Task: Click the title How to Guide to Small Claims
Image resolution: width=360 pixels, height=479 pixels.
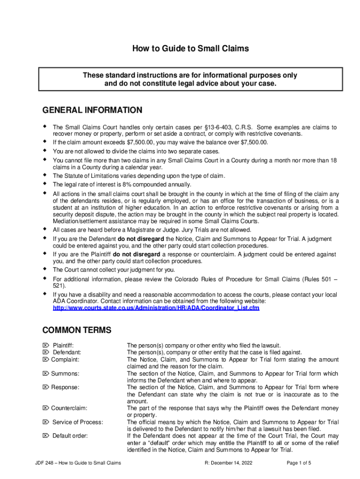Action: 190,48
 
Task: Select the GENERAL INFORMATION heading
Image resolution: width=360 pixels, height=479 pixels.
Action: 92,110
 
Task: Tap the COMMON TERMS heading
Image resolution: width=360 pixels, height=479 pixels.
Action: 77,330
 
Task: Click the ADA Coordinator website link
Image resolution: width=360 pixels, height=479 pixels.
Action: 156,308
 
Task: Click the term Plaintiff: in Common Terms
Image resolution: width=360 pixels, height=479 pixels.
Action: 63,345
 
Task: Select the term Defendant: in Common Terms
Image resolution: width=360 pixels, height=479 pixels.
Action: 66,352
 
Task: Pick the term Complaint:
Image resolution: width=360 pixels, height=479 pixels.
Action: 65,359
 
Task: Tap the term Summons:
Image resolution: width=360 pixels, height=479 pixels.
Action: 65,373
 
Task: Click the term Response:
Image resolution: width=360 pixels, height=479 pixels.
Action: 65,387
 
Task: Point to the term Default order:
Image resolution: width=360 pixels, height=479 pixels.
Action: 70,436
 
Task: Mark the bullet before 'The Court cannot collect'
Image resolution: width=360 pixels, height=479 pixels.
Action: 45,269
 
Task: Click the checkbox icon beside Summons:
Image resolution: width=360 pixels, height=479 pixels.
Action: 46,373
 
